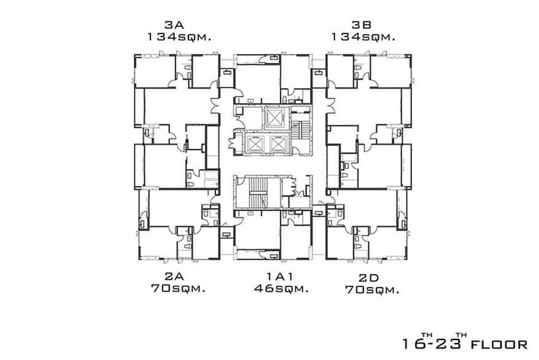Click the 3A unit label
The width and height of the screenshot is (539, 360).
click(x=174, y=25)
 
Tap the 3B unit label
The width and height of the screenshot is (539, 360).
click(x=362, y=25)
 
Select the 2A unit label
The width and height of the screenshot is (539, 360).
click(x=174, y=277)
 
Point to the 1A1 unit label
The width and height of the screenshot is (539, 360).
click(x=280, y=277)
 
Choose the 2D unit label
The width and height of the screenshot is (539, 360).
click(x=369, y=278)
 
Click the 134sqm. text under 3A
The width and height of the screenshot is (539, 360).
click(x=179, y=37)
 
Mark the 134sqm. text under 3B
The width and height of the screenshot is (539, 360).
click(x=363, y=37)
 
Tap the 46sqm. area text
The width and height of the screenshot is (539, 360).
click(x=281, y=289)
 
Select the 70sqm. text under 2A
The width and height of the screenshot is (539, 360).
click(x=178, y=289)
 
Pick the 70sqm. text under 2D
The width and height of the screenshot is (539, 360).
click(x=372, y=290)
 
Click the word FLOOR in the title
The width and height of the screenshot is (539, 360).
click(x=499, y=345)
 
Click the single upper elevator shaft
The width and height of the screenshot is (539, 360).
click(x=274, y=117)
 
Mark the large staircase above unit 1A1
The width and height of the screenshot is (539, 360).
click(x=258, y=193)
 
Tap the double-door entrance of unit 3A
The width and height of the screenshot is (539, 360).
click(x=215, y=105)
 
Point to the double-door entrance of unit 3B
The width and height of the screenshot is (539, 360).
click(x=331, y=105)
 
